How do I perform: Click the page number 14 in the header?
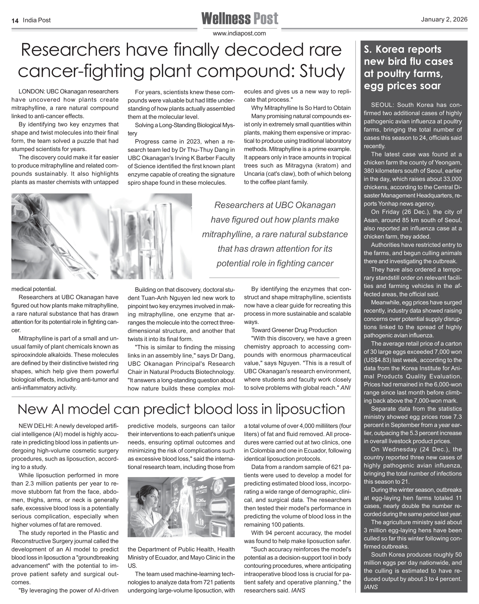point(15,21)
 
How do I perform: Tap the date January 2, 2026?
point(444,20)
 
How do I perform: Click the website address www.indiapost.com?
point(239,33)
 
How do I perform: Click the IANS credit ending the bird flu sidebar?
point(371,587)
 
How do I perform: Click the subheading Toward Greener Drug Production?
point(294,330)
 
